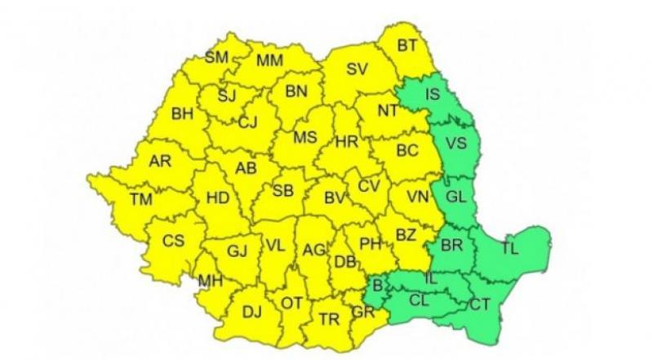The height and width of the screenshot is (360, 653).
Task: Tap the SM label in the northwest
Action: [217, 57]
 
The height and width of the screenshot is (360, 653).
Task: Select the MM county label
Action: [269, 60]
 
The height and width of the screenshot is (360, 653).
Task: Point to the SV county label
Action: [357, 69]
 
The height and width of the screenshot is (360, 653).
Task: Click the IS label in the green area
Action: [433, 95]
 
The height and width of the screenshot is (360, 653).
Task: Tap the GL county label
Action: [458, 197]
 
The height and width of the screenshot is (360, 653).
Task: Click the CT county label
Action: [480, 304]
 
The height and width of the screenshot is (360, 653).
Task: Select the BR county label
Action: [451, 245]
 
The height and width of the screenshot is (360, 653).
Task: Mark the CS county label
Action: [173, 241]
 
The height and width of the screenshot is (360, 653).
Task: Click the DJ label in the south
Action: [252, 311]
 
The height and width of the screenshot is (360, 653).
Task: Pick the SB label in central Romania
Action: [282, 190]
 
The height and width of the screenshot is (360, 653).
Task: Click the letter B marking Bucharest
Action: [377, 286]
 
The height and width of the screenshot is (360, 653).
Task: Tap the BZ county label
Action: [406, 236]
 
